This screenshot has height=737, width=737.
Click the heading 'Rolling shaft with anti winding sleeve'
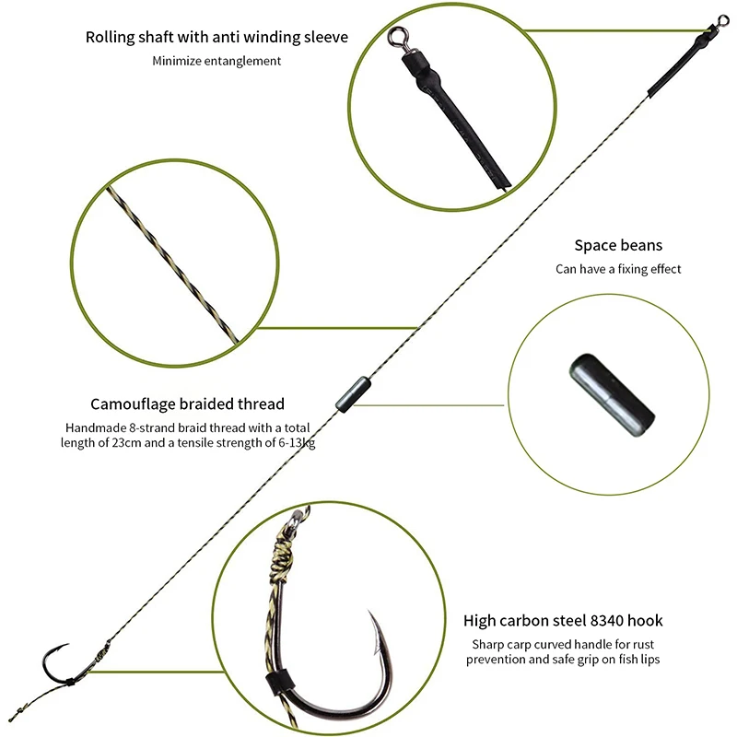(216, 37)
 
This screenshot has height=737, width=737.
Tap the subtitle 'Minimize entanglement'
(216, 61)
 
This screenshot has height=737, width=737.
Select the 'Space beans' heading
(618, 245)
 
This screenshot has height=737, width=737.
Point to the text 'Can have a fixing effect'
(618, 269)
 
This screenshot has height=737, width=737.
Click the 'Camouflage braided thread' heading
(188, 404)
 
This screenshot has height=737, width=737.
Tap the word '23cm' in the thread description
(126, 443)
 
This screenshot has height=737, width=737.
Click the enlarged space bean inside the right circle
(612, 395)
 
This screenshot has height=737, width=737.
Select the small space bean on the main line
(353, 394)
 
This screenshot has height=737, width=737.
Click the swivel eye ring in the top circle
(398, 37)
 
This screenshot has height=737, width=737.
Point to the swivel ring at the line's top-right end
(722, 20)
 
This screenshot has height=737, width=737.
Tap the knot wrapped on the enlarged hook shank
(281, 555)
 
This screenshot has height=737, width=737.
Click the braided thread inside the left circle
(173, 264)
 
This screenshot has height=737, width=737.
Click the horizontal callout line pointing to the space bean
(428, 404)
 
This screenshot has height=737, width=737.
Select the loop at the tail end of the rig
(15, 716)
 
